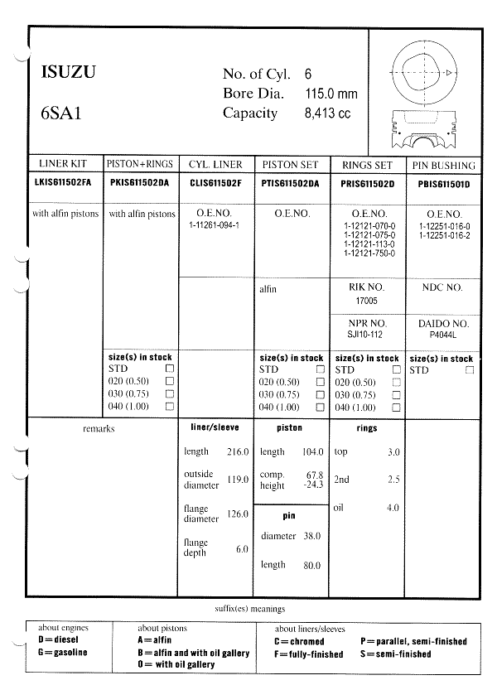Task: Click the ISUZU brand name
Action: tap(68, 73)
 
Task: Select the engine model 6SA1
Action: tap(61, 113)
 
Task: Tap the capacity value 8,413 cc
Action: tap(328, 113)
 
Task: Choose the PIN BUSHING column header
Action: tap(442, 165)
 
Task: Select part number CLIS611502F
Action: tap(216, 183)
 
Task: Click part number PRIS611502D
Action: tap(368, 183)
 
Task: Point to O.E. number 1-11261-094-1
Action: tap(214, 226)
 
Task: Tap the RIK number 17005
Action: tap(367, 301)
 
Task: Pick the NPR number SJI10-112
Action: tap(367, 335)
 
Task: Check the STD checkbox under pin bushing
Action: tap(470, 370)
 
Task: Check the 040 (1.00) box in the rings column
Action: tap(396, 408)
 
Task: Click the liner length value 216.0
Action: tap(237, 452)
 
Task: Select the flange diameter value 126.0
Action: tap(237, 514)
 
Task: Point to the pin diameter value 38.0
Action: tap(311, 536)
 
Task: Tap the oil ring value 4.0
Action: tap(393, 507)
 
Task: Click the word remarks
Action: tap(99, 428)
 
